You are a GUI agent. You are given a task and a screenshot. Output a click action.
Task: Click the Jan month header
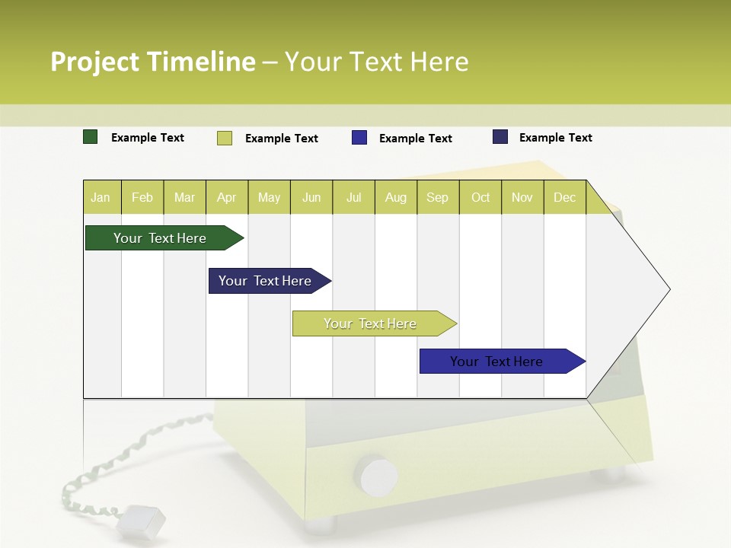(x=101, y=197)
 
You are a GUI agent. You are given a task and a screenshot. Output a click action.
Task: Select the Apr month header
(x=227, y=197)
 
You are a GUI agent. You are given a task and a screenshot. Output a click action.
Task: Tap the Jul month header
(x=354, y=197)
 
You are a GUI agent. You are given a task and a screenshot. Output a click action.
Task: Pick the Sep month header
(x=438, y=197)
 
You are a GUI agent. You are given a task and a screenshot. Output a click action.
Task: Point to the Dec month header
(x=564, y=197)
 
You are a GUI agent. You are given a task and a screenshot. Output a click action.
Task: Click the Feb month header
(x=142, y=197)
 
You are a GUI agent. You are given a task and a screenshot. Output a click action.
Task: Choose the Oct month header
(x=480, y=197)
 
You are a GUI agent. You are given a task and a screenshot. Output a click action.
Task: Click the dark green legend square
(x=90, y=137)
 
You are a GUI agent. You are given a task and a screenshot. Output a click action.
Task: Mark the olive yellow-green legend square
(x=224, y=138)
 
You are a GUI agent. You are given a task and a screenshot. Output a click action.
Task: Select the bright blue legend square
(x=359, y=138)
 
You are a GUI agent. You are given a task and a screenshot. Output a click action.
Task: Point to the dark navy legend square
(x=500, y=137)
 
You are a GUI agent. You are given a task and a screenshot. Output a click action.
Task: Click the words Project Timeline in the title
(x=153, y=62)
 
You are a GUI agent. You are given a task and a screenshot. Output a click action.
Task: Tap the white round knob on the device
(x=378, y=476)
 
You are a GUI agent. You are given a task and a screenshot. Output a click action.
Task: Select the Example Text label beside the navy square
(x=555, y=138)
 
